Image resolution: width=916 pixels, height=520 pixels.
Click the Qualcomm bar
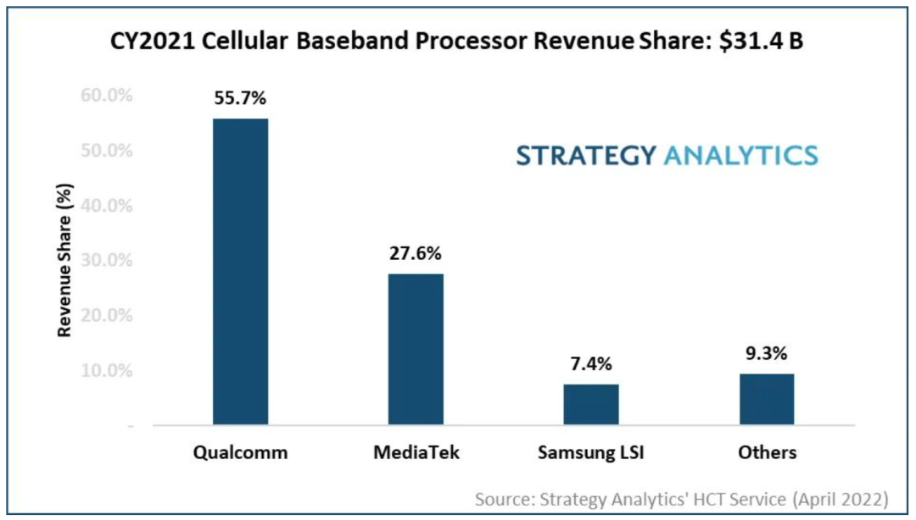[x=240, y=271]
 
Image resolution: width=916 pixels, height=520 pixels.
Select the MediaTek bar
[x=416, y=348]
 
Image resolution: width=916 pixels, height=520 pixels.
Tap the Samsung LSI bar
[x=591, y=404]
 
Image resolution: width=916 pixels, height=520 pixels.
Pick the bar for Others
[x=767, y=399]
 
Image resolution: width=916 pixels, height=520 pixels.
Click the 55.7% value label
[x=240, y=100]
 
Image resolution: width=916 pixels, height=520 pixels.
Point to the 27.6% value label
[x=416, y=254]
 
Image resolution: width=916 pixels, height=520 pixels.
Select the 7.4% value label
[x=591, y=364]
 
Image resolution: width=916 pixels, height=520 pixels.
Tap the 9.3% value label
[x=767, y=354]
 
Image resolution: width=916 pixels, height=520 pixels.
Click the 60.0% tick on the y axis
[x=107, y=96]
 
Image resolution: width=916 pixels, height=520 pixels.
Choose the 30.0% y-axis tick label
[x=107, y=260]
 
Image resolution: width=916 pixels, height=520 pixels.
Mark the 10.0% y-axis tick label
[x=107, y=370]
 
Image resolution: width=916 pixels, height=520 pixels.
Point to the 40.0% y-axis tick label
[x=107, y=205]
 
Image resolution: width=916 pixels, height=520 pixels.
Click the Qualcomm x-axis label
[x=240, y=452]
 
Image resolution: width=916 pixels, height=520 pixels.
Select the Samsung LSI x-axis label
[x=591, y=452]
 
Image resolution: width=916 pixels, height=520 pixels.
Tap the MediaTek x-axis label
[x=416, y=452]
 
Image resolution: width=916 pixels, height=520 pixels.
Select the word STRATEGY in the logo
[x=586, y=155]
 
